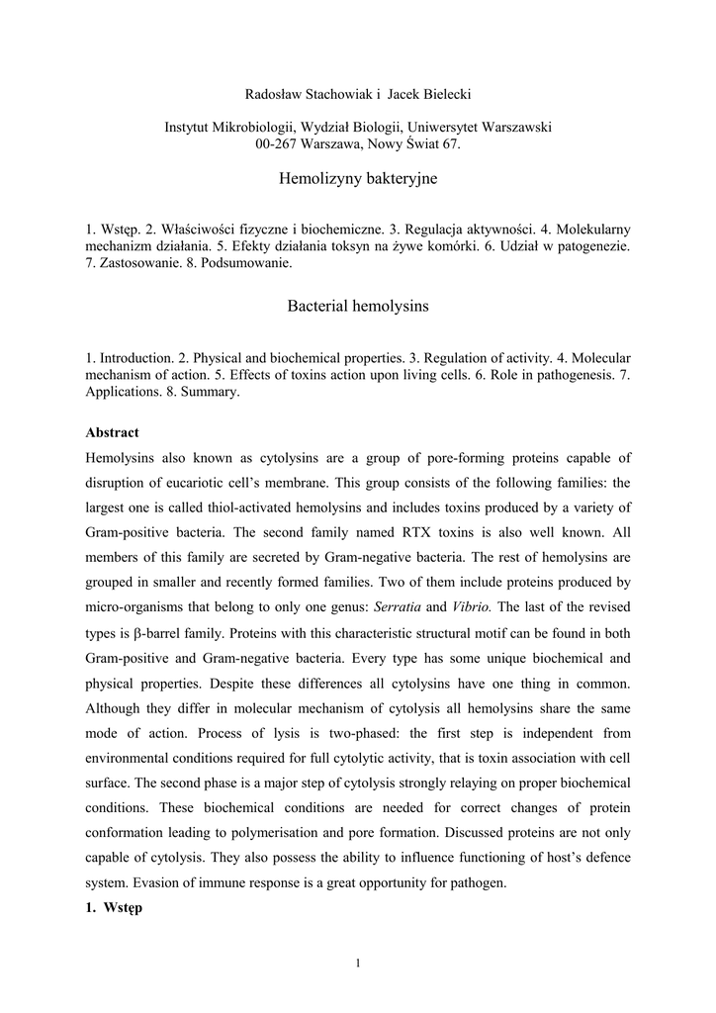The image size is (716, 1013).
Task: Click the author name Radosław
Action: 274,94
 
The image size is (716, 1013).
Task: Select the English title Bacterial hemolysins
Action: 358,306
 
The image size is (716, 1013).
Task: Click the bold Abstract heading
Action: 112,432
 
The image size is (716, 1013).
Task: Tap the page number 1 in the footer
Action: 358,966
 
